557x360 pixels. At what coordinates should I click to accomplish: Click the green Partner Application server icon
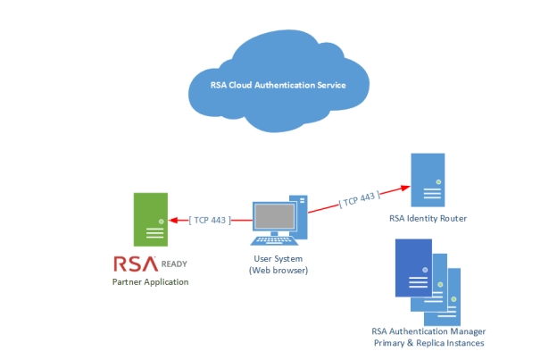(x=149, y=220)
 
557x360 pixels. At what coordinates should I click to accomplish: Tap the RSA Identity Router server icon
(x=428, y=182)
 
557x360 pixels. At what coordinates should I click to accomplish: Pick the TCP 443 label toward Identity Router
(x=358, y=197)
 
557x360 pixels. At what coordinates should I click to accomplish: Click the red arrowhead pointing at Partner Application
(x=171, y=219)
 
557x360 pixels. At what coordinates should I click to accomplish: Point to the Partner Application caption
(x=150, y=282)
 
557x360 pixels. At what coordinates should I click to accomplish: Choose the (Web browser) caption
(x=278, y=270)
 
